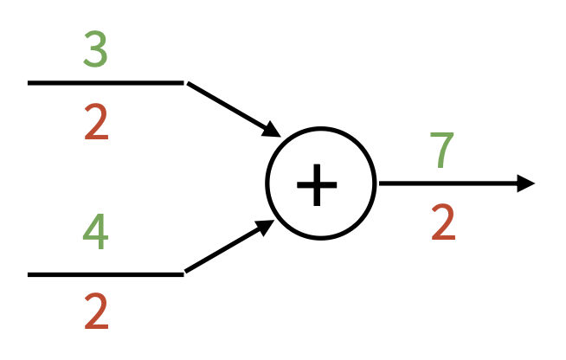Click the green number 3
coord(95,49)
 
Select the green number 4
coord(95,232)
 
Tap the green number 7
coord(443,150)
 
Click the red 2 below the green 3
coord(96,124)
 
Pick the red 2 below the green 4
coord(96,312)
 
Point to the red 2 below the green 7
coord(443,223)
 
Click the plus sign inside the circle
coord(319,184)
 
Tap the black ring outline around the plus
coord(269,184)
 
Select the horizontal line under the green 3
coord(104,83)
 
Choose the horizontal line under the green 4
coord(104,274)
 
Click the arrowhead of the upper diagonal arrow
coord(272,131)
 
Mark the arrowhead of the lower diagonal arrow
coord(265,228)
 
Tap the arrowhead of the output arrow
coord(526,183)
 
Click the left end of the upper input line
coord(30,83)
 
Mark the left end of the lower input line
coord(30,274)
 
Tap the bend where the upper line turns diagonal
coord(184,83)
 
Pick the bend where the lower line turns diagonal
coord(184,273)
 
